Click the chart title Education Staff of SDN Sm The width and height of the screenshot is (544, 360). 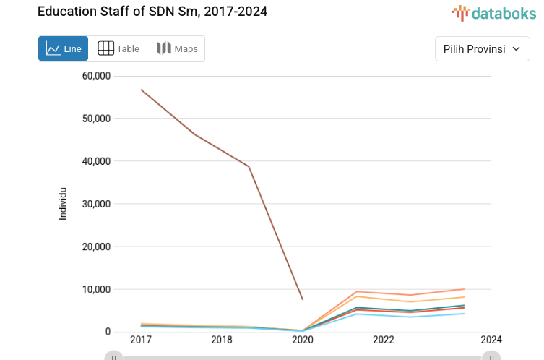point(152,12)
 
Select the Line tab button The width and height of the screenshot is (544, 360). point(64,49)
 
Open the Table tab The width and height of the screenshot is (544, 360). point(118,49)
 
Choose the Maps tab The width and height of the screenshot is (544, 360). point(177,49)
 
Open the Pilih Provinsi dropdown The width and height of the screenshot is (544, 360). point(482,49)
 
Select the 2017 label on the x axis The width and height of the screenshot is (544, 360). point(141,340)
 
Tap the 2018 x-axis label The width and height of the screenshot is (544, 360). point(221,340)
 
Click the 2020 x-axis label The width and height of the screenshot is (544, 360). point(302,340)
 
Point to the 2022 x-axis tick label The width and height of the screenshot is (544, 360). point(383,340)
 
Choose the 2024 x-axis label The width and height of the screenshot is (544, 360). point(491,340)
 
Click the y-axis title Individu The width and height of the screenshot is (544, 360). point(63,204)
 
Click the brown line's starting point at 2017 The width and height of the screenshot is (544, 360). point(142,90)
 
